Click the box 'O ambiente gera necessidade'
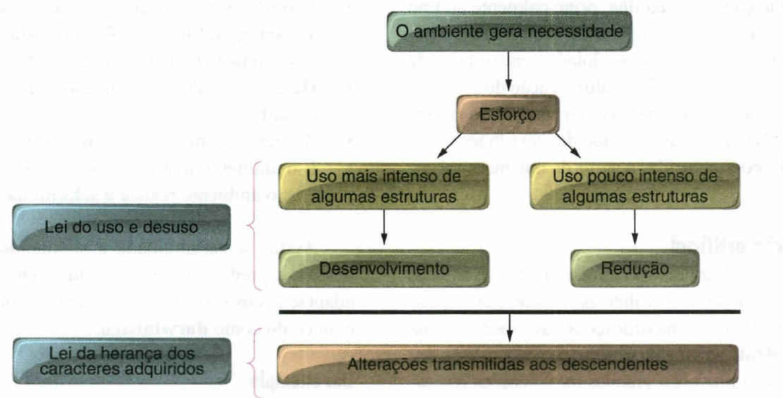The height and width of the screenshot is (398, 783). (508, 32)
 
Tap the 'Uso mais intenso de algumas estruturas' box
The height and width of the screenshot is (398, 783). (383, 186)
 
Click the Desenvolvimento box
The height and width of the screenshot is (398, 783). (383, 268)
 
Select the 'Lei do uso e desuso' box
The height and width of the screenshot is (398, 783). (121, 227)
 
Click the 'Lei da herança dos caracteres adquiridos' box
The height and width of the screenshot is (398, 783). (121, 360)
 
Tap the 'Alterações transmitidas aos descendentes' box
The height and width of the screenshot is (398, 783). (507, 364)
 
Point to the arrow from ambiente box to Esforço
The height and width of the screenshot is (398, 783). (507, 72)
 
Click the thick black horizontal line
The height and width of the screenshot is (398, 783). (508, 312)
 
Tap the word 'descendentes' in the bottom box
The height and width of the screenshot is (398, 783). (623, 364)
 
